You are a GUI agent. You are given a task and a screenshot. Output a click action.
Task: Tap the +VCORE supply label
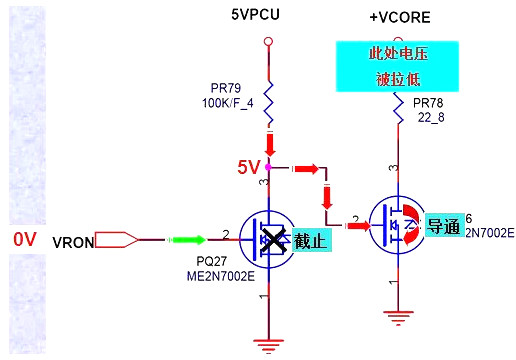[x=396, y=17]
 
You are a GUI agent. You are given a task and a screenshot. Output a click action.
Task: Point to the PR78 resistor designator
[x=428, y=103]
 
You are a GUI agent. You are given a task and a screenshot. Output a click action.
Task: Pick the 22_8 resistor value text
[x=427, y=117]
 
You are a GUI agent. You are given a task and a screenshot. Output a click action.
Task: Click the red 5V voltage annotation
[x=247, y=167]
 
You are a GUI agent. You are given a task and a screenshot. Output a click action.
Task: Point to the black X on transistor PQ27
[x=271, y=240]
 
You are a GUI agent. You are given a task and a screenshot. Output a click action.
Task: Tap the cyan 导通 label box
[x=442, y=226]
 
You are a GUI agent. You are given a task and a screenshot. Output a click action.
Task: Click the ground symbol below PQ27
[x=266, y=345]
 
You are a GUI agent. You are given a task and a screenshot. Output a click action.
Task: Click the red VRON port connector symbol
[x=123, y=239]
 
